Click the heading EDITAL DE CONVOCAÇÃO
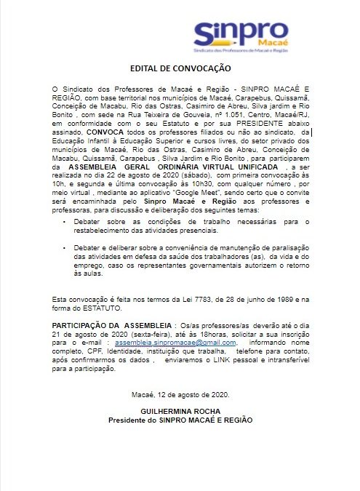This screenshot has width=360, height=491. [x=180, y=68]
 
